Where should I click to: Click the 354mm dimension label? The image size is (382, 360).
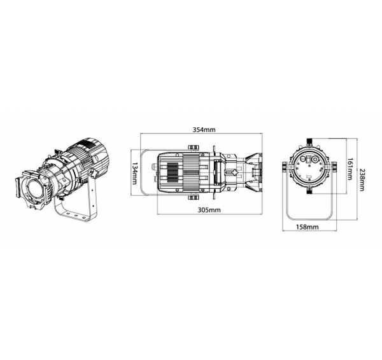(x=204, y=130)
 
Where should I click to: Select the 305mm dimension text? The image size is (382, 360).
(x=209, y=210)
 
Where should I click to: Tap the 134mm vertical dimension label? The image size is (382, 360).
(x=135, y=173)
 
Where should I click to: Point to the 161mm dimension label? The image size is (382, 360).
(x=350, y=169)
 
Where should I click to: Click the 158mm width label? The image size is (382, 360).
(x=307, y=227)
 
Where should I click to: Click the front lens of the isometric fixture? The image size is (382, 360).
(x=36, y=191)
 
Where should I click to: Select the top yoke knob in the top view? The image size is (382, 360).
(x=194, y=148)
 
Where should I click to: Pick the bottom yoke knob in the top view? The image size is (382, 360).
(x=194, y=197)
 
